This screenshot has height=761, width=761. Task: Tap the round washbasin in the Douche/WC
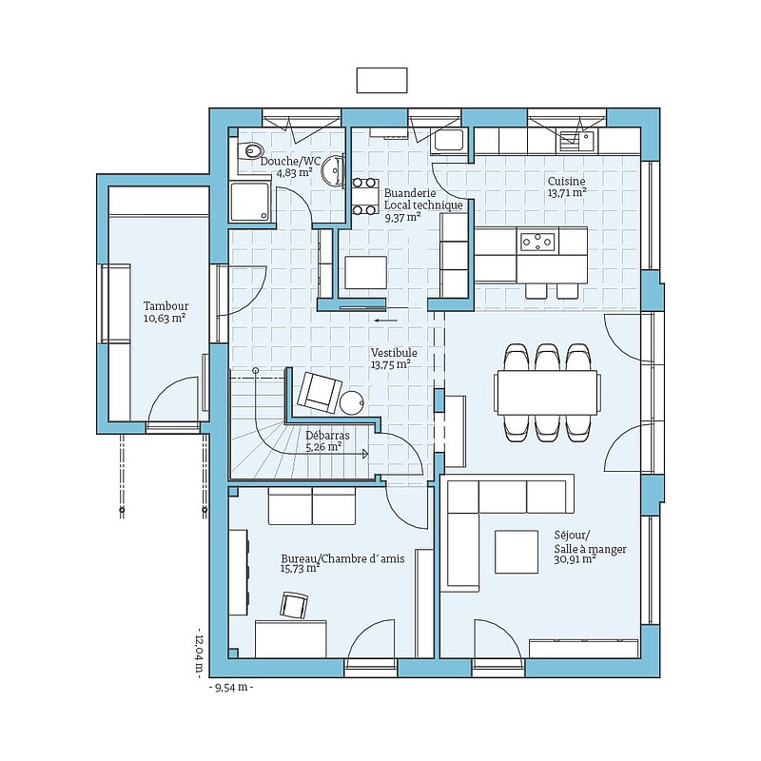pyautogui.click(x=334, y=170)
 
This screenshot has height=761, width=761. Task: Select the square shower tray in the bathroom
pyautogui.click(x=249, y=202)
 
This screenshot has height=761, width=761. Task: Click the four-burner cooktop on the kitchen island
pyautogui.click(x=537, y=242)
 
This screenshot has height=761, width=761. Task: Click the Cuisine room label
pyautogui.click(x=566, y=181)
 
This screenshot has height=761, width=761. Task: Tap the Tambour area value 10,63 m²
pyautogui.click(x=165, y=319)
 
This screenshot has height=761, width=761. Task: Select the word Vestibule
pyautogui.click(x=394, y=353)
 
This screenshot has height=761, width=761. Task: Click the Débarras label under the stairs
pyautogui.click(x=327, y=436)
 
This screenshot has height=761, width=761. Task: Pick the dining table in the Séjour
pyautogui.click(x=547, y=392)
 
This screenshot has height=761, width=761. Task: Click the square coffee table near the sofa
pyautogui.click(x=517, y=552)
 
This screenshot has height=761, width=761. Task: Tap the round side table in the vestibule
pyautogui.click(x=351, y=402)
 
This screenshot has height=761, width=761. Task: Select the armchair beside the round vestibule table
pyautogui.click(x=320, y=393)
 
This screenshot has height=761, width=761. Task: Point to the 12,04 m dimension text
pyautogui.click(x=200, y=652)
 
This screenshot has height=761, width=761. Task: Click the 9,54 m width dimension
pyautogui.click(x=231, y=687)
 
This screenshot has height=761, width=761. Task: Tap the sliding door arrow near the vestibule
pyautogui.click(x=386, y=320)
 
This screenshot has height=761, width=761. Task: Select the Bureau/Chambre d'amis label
pyautogui.click(x=342, y=558)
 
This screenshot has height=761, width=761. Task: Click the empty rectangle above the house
pyautogui.click(x=382, y=80)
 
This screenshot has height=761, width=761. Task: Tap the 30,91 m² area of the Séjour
pyautogui.click(x=576, y=559)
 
